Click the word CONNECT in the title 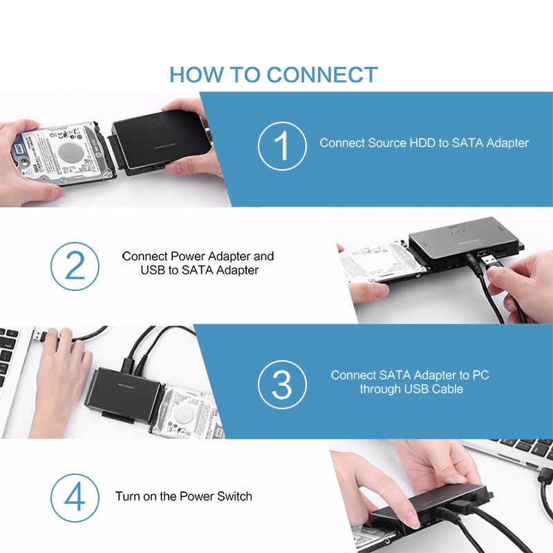pos(322,75)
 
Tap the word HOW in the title pos(196,75)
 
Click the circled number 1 pos(282,146)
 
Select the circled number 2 pos(75,266)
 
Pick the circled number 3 pos(282,384)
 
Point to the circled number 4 pos(75,498)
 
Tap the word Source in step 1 pos(387,143)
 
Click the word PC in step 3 pos(480,375)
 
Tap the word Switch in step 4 pos(234,496)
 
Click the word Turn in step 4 pos(128,496)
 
